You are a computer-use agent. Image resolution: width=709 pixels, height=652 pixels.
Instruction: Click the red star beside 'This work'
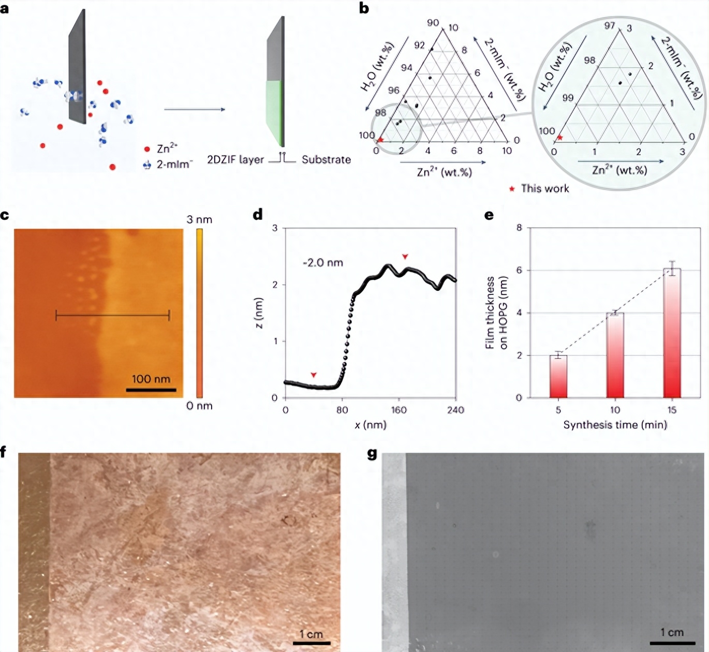coord(512,189)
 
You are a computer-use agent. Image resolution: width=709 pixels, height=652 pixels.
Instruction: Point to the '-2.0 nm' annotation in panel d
coord(322,263)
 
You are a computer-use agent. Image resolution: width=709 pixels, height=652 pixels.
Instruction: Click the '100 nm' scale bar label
coord(151,379)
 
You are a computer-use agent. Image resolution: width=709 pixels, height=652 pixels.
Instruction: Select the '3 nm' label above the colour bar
coord(199,219)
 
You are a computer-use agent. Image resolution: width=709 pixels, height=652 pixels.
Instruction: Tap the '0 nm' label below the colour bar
coord(199,406)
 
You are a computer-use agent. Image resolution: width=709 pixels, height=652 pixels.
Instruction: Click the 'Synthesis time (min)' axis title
coord(615,425)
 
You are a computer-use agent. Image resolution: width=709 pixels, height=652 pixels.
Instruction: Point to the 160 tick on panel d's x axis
coord(398,410)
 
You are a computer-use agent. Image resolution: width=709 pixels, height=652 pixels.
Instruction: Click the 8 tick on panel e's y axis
coord(519,228)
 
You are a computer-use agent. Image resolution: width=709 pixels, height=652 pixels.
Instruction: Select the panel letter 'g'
coord(372,454)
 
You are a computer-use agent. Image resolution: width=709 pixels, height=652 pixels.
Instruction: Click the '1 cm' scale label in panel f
coord(311,634)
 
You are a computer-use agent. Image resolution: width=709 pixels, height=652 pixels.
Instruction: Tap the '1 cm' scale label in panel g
coord(672,632)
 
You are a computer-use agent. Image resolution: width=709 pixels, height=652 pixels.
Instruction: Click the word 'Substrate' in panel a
coord(326,160)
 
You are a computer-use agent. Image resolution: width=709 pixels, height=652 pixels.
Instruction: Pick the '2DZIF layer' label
coord(235,160)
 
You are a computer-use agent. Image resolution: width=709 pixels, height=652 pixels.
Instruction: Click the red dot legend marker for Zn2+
coord(147,149)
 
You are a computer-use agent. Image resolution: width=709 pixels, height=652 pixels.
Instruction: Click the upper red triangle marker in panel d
coord(405,257)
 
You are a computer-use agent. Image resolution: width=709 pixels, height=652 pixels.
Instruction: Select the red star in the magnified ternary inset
coord(559,138)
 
